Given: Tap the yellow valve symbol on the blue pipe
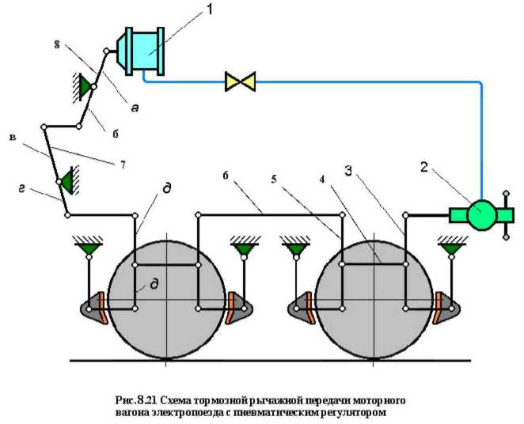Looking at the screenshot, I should (x=240, y=81).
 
